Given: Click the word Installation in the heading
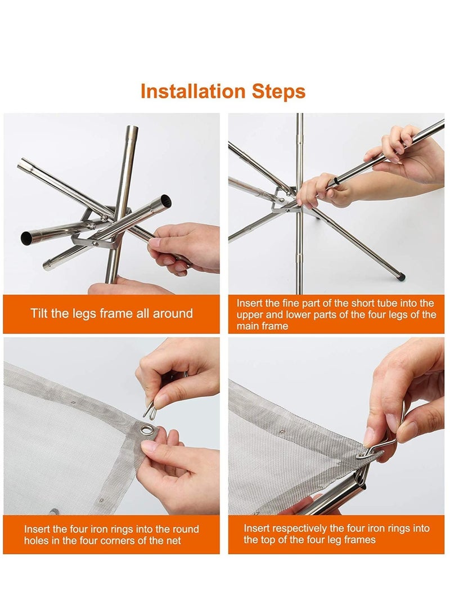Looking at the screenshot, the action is pyautogui.click(x=193, y=91).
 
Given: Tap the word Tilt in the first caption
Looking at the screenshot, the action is pyautogui.click(x=39, y=313).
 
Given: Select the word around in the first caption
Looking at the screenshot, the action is pyautogui.click(x=173, y=313).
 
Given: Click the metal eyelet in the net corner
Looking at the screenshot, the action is pyautogui.click(x=148, y=431).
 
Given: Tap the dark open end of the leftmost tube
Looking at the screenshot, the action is pyautogui.click(x=26, y=236).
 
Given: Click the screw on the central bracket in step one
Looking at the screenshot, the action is pyautogui.click(x=94, y=244).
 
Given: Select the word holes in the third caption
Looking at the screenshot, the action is pyautogui.click(x=36, y=541).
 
